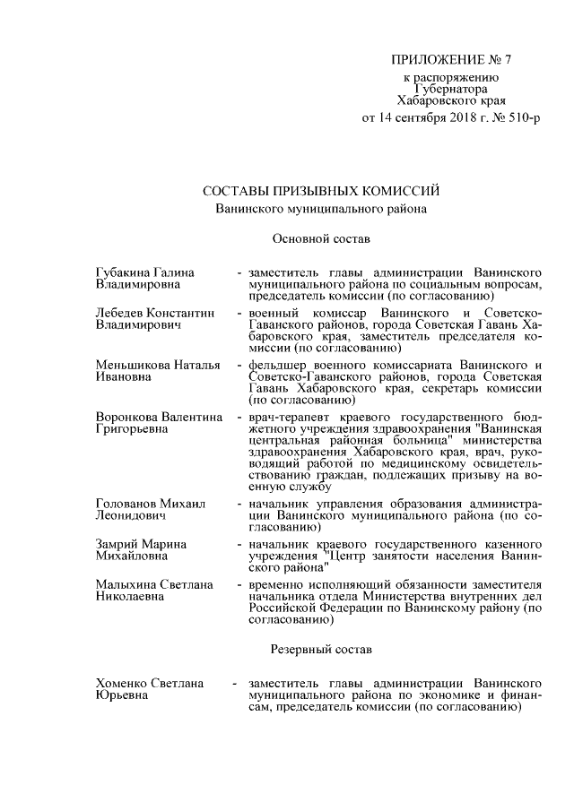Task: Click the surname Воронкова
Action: click(x=127, y=418)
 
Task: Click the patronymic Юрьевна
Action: click(x=122, y=696)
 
